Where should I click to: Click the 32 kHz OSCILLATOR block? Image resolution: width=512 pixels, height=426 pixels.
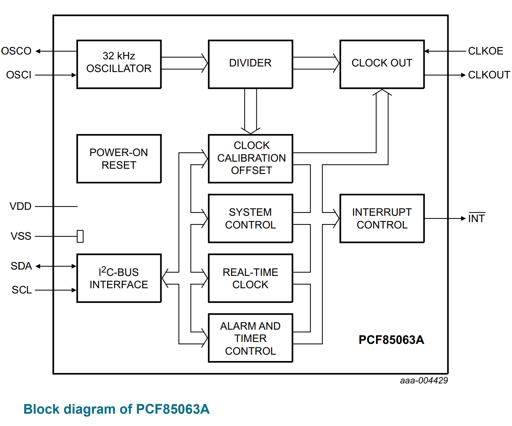(x=119, y=64)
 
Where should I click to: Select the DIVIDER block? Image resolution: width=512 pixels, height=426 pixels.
(x=250, y=64)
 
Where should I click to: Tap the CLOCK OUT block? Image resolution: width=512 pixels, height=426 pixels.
(x=382, y=64)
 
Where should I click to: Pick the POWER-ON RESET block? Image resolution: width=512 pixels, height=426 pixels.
(x=119, y=159)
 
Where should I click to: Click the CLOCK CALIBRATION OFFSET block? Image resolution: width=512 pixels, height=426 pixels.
(x=250, y=158)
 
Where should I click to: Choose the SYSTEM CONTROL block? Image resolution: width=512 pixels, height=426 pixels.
(x=250, y=218)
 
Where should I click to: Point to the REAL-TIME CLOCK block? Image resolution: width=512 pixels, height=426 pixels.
(x=250, y=278)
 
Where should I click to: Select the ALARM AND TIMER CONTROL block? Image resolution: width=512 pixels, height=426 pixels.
(x=250, y=338)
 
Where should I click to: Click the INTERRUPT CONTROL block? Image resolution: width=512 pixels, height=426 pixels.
(x=382, y=218)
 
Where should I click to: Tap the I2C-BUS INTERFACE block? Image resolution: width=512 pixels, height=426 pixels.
(x=119, y=278)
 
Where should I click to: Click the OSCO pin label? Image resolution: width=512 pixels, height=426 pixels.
(x=16, y=51)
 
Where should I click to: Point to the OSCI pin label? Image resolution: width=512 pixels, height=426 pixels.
(x=19, y=75)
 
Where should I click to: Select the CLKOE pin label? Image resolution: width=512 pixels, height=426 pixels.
(x=485, y=51)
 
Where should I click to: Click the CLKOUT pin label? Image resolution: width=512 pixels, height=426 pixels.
(x=489, y=75)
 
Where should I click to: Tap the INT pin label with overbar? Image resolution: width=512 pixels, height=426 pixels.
(x=476, y=218)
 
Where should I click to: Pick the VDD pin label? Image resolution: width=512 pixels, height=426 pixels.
(x=21, y=206)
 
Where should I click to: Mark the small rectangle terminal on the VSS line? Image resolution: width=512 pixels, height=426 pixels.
(x=80, y=236)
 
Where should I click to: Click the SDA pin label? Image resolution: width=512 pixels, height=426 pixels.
(x=21, y=266)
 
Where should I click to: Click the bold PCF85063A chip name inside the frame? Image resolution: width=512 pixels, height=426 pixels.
(x=391, y=340)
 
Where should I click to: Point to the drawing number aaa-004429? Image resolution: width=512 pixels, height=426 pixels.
(x=424, y=380)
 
